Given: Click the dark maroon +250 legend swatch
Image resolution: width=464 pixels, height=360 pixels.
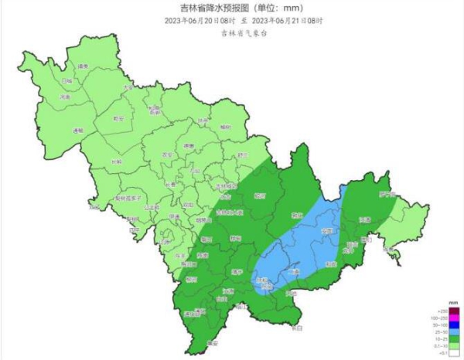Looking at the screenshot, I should [455, 311].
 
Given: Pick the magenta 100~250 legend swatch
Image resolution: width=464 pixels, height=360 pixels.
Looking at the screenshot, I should [455, 318].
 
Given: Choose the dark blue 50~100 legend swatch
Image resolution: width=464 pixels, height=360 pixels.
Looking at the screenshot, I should [455, 324].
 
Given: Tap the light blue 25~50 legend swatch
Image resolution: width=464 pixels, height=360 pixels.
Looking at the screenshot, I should [455, 331].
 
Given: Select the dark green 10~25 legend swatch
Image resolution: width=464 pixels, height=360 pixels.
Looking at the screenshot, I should [455, 338].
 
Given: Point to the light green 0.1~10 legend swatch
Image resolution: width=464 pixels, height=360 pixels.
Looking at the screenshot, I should [455, 345].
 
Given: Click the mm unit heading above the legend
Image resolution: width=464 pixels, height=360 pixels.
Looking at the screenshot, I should [453, 303].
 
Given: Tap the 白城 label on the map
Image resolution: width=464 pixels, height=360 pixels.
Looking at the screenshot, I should [67, 80].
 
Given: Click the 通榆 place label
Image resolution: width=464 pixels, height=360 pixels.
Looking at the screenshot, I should [77, 131].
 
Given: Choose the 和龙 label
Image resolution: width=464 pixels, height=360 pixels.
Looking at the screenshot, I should [331, 263].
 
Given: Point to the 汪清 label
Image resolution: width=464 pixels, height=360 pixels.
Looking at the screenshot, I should [364, 220].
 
